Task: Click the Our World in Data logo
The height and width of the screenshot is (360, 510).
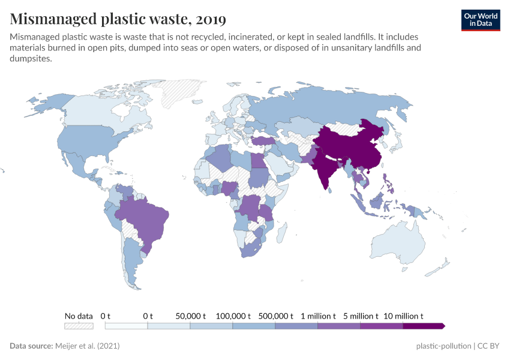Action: pos(480,20)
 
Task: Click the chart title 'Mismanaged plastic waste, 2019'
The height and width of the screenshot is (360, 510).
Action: pos(118,19)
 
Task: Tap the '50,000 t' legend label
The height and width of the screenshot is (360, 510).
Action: pos(190,316)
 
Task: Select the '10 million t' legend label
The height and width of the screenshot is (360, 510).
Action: pos(404,316)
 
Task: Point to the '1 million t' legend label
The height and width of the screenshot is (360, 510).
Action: pos(319,316)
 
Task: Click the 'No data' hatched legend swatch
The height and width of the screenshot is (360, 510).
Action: pos(79,326)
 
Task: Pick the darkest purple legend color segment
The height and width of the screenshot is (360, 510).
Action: pos(424,326)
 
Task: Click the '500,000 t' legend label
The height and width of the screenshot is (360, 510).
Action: pos(275,316)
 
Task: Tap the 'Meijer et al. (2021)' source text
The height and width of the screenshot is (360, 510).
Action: pos(88,346)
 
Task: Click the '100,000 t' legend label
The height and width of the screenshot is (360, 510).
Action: pos(233,316)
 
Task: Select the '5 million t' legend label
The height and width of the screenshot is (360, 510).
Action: pos(361,316)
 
